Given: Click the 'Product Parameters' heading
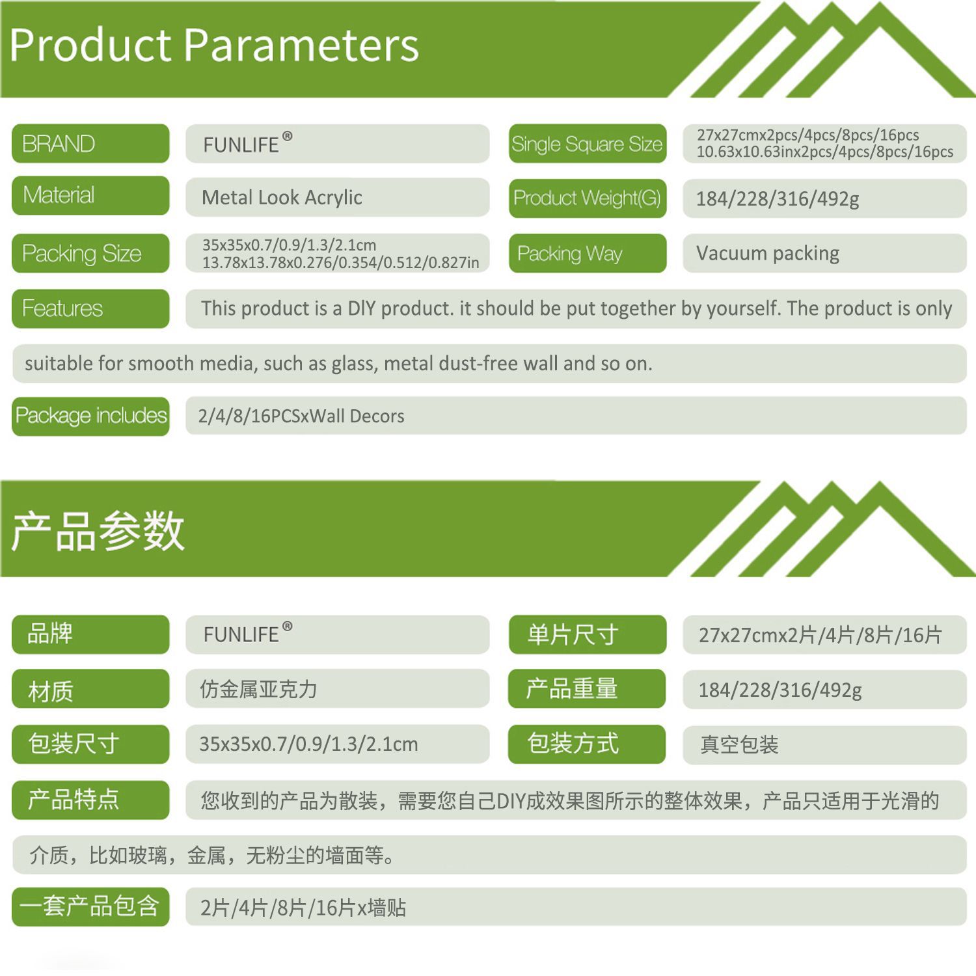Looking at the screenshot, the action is tap(214, 46).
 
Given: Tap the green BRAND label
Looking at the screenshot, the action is tap(90, 143).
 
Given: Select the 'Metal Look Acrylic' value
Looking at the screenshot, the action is tap(282, 197).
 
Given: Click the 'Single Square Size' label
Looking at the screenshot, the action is tap(587, 144).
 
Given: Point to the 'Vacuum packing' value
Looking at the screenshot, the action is tap(768, 253).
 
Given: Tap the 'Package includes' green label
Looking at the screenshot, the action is tap(90, 416).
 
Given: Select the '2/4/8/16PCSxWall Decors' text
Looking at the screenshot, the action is tap(301, 416).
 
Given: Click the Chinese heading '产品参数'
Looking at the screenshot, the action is tap(98, 531).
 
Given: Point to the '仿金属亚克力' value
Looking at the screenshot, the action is tap(258, 689).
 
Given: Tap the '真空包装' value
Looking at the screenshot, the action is tap(739, 744).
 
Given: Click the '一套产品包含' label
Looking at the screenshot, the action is tap(90, 906).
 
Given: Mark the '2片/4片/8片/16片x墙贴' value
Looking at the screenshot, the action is tap(303, 908).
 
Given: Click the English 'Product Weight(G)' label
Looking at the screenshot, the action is tap(587, 198).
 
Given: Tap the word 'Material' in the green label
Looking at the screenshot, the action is tap(59, 195).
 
